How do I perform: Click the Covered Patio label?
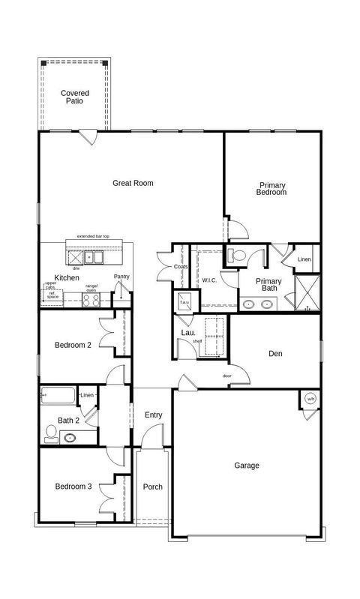pyautogui.click(x=74, y=97)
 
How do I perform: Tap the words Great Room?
pyautogui.click(x=133, y=183)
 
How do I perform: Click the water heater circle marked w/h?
pyautogui.click(x=310, y=399)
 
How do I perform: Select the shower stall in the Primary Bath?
pyautogui.click(x=307, y=292)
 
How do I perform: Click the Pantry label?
pyautogui.click(x=121, y=277)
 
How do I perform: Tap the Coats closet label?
pyautogui.click(x=180, y=267)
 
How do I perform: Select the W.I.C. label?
pyautogui.click(x=208, y=280)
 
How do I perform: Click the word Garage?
pyautogui.click(x=246, y=466)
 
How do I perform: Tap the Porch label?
pyautogui.click(x=152, y=487)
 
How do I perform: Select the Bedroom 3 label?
pyautogui.click(x=73, y=487)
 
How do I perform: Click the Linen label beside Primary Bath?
pyautogui.click(x=304, y=260)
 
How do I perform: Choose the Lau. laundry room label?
pyautogui.click(x=187, y=333)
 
